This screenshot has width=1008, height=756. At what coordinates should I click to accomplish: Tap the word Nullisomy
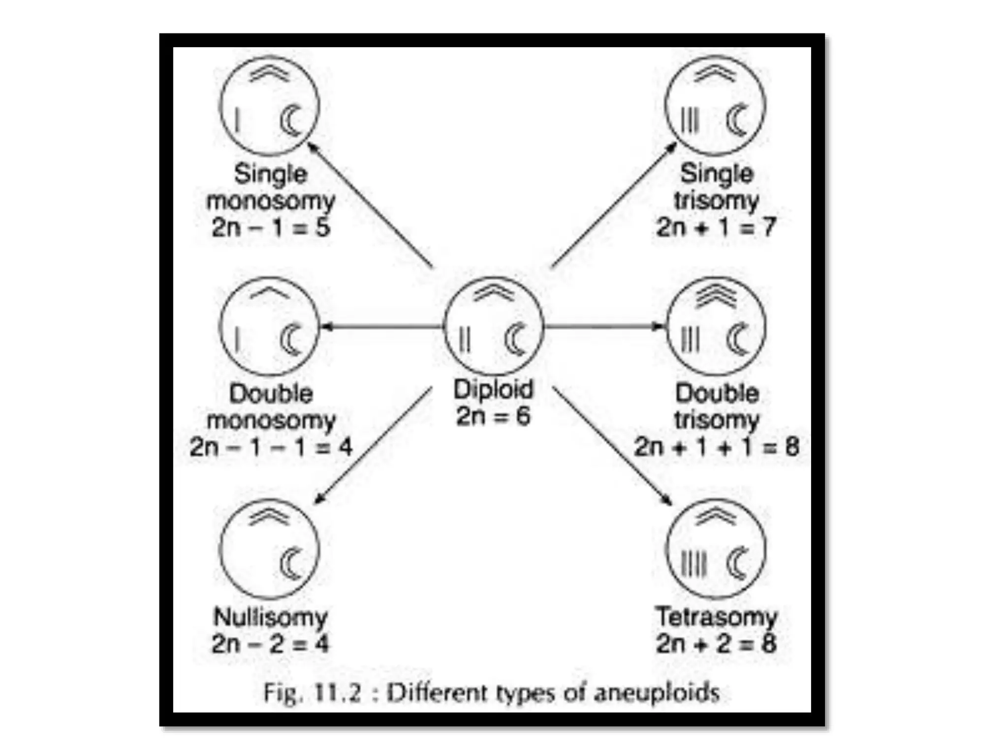pyautogui.click(x=270, y=617)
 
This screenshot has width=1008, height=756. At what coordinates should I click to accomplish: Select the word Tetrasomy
pyautogui.click(x=717, y=617)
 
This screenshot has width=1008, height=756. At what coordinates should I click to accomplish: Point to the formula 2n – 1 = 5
pyautogui.click(x=271, y=227)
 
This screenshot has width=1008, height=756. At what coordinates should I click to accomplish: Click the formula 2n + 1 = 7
pyautogui.click(x=716, y=227)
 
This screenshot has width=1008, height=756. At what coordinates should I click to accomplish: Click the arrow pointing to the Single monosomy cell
pyautogui.click(x=370, y=205)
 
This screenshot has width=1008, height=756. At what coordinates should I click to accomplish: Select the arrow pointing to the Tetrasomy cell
pyautogui.click(x=612, y=446)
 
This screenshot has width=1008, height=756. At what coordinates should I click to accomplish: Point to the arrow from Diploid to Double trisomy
pyautogui.click(x=605, y=326)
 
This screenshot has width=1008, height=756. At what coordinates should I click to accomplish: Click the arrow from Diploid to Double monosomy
pyautogui.click(x=381, y=326)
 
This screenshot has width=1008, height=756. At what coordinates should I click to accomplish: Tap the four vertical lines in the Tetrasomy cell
pyautogui.click(x=694, y=564)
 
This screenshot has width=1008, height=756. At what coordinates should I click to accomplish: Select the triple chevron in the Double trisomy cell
pyautogui.click(x=716, y=295)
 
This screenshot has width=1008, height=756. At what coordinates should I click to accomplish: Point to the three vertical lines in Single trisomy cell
pyautogui.click(x=690, y=120)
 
